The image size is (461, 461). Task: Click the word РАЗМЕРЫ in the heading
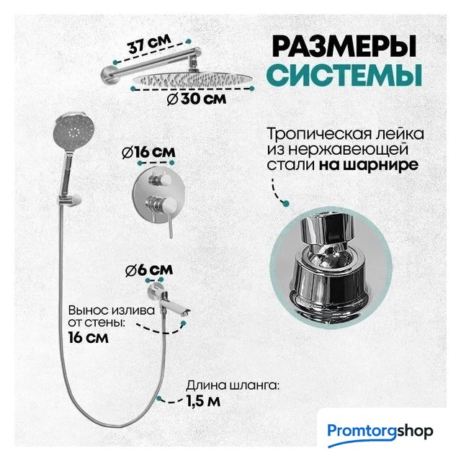[344, 46]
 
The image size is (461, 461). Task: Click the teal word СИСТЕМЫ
[344, 75]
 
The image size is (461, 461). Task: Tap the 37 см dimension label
[149, 44]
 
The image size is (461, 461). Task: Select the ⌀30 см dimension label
[197, 99]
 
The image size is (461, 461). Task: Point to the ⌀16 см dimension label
[148, 153]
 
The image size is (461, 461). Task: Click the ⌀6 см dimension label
[149, 270]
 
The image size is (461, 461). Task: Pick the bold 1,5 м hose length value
[203, 400]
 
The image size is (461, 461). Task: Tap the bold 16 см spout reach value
[88, 337]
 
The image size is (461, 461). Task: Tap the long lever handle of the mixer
[170, 225]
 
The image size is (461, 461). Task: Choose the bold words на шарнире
[369, 165]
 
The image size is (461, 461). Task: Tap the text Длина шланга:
[232, 385]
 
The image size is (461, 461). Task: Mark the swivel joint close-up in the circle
[331, 267]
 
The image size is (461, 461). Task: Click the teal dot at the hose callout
[159, 398]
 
